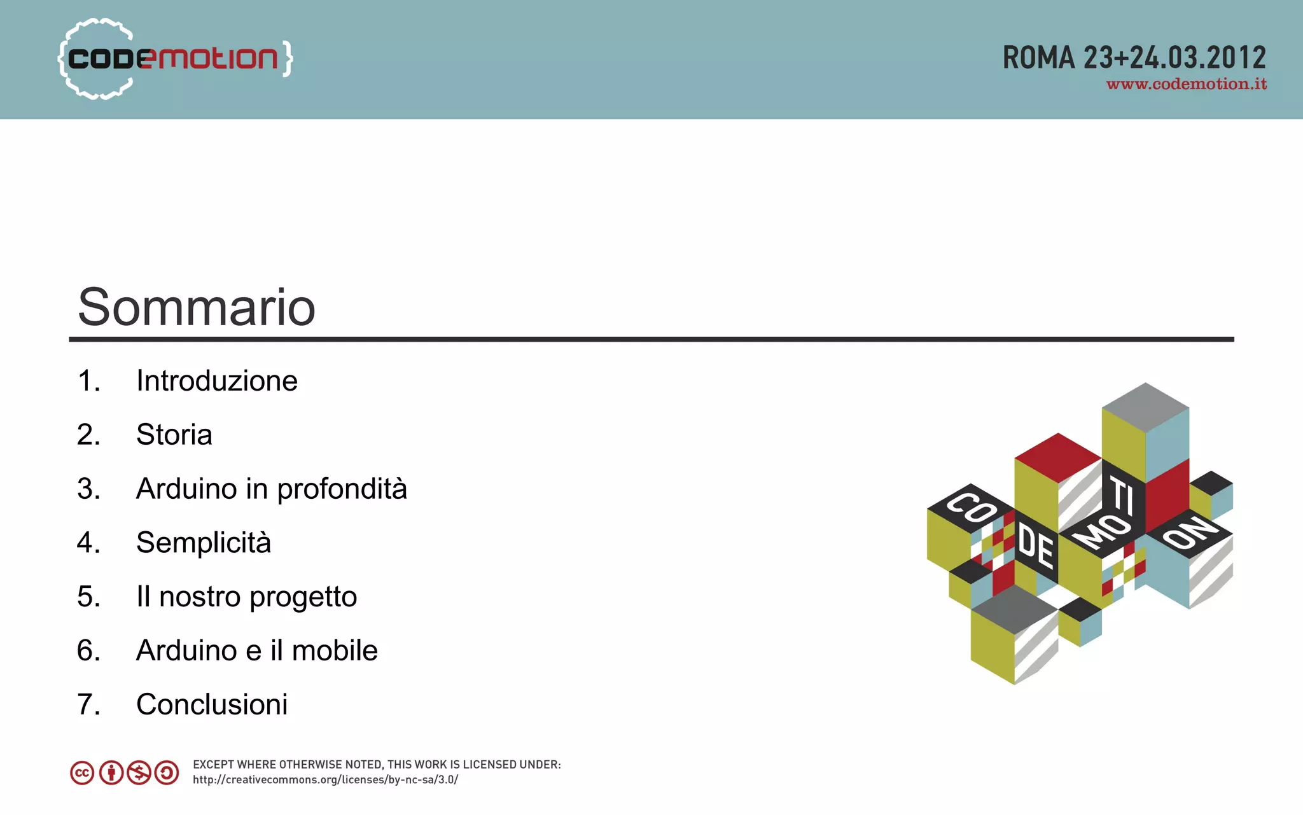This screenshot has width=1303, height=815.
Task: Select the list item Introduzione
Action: (x=216, y=381)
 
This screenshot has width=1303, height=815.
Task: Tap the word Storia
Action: (x=174, y=435)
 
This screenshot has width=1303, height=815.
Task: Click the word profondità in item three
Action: (x=342, y=489)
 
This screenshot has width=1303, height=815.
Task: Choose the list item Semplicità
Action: (x=203, y=543)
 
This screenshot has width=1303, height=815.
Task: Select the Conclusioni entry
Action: (x=211, y=705)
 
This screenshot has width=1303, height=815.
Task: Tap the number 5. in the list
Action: (x=88, y=597)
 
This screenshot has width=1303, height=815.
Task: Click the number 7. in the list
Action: (x=88, y=705)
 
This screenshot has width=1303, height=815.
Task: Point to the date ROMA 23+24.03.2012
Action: (x=1134, y=58)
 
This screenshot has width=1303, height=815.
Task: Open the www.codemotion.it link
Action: (x=1186, y=85)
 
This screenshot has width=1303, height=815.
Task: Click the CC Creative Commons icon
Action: (x=82, y=773)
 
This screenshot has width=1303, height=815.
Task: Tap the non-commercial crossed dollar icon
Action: (x=139, y=773)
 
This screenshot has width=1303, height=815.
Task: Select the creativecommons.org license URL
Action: (x=325, y=780)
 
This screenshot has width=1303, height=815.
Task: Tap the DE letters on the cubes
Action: (x=1036, y=547)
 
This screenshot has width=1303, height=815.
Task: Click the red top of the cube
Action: (x=1057, y=457)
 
